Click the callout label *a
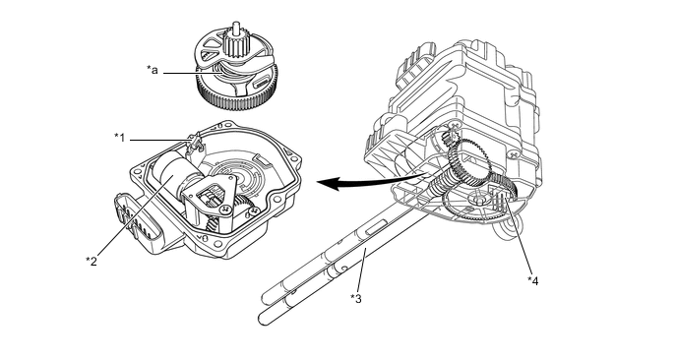pos(152,70)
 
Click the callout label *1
pos(120,138)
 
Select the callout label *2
pos(92,261)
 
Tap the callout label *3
pos(356,298)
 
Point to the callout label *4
pos(532,280)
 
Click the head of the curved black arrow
pos(326,183)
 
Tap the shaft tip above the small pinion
pos(235,26)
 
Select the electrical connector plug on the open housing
pos(138,223)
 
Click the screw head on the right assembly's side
pos(513,152)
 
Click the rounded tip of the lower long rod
pos(262,320)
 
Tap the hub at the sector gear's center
pos(477,199)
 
